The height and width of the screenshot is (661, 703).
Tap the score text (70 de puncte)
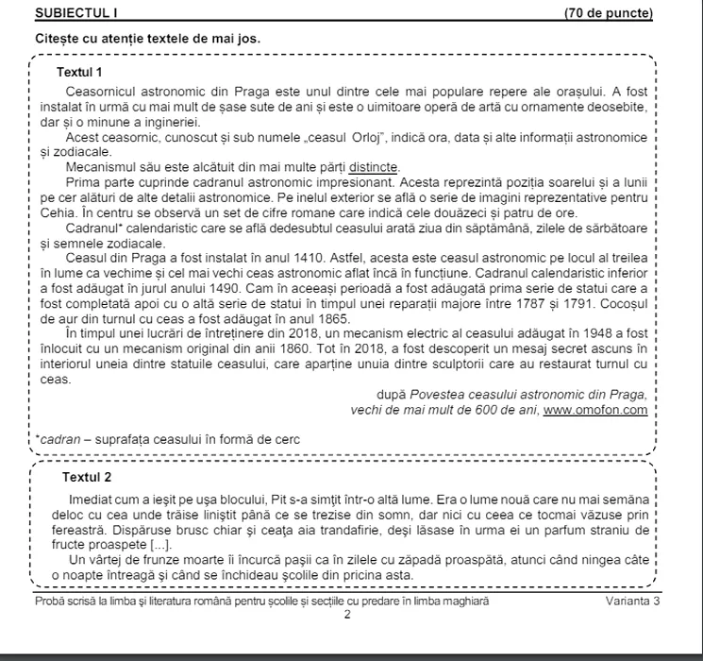[608, 13]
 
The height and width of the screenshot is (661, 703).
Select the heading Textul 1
[79, 73]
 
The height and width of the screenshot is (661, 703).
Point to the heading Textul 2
[87, 477]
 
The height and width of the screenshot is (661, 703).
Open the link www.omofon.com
[595, 410]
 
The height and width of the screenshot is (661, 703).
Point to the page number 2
[346, 615]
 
